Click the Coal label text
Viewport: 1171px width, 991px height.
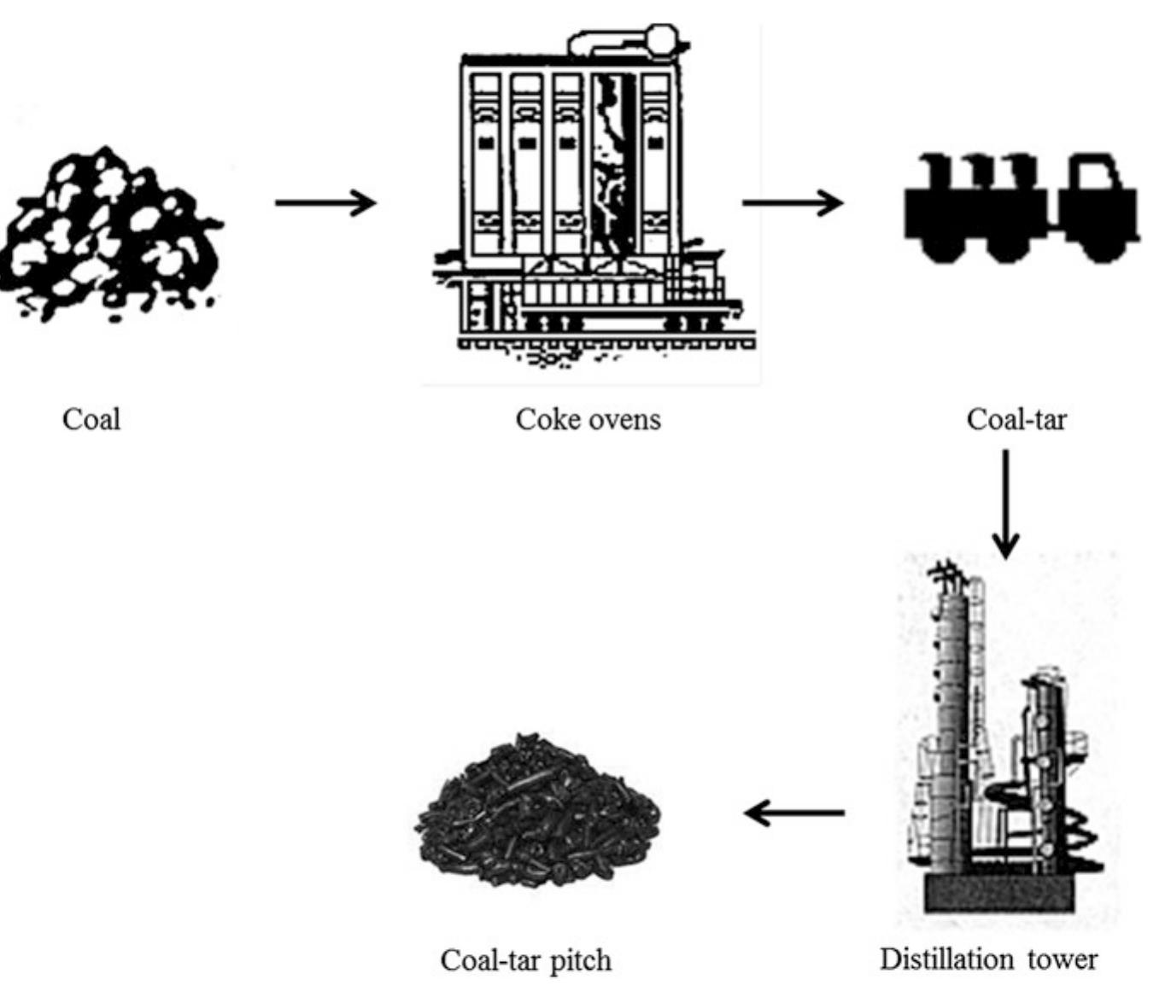tap(91, 419)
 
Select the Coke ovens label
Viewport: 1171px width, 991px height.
tap(588, 419)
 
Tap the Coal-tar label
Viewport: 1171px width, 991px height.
tap(1016, 419)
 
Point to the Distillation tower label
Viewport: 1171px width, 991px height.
tap(988, 959)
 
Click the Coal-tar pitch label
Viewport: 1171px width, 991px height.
tap(525, 960)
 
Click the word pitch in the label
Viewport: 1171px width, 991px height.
tap(580, 961)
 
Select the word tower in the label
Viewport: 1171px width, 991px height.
tap(1062, 959)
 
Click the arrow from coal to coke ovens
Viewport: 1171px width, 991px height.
tap(325, 203)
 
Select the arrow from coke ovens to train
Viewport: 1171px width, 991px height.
tap(792, 203)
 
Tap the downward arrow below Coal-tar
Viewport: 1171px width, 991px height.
tap(1005, 504)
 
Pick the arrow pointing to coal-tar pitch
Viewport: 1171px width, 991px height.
tap(794, 813)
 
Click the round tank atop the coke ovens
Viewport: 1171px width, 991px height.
tap(662, 39)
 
